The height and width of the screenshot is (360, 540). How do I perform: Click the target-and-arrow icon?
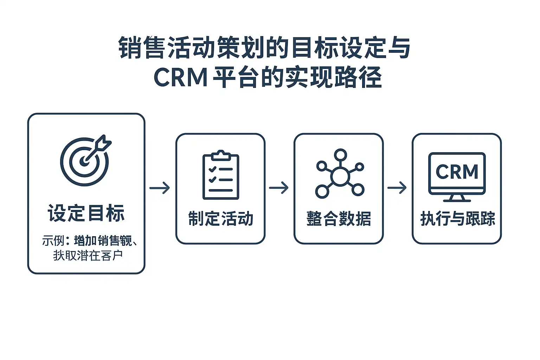coord(85,160)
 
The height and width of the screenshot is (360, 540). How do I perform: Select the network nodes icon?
coord(340,173)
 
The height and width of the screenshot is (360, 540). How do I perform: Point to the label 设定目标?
coord(86,213)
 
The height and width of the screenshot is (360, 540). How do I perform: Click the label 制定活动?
coord(220,218)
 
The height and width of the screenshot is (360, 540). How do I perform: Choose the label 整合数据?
coord(339,218)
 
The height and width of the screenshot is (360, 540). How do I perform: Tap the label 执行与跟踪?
coord(457,218)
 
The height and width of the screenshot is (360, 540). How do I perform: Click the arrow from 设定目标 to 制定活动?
coord(160,188)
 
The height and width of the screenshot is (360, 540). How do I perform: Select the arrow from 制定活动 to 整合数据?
coord(279,188)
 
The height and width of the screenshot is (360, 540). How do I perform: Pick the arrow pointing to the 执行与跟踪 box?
coord(397,188)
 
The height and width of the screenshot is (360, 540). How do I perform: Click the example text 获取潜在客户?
coord(88,255)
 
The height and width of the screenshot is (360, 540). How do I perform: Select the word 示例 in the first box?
coord(53,241)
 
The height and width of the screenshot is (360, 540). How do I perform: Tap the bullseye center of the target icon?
coord(84,162)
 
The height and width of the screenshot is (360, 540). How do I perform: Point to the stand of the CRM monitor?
coord(457,198)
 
